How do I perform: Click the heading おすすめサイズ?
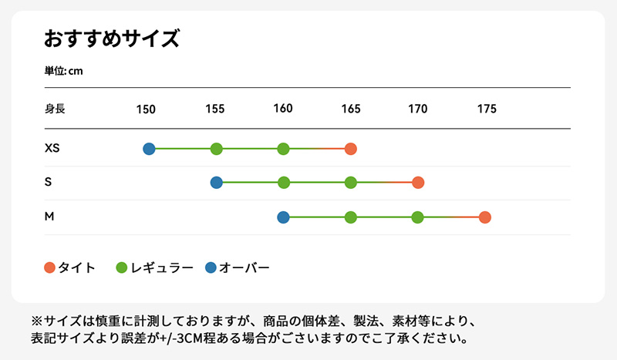click(112, 39)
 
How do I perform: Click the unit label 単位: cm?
click(64, 71)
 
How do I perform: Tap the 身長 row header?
click(55, 109)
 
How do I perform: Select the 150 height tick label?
click(147, 109)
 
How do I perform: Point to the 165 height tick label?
click(351, 109)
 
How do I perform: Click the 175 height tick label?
click(487, 109)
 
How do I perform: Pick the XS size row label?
click(52, 148)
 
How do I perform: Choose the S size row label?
click(49, 183)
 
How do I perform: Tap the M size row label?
click(49, 217)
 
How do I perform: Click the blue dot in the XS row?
click(149, 149)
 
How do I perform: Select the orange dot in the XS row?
click(351, 149)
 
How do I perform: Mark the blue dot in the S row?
click(217, 183)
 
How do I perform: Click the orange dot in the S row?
click(418, 183)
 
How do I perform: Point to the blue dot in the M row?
click(283, 217)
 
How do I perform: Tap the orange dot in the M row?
click(485, 217)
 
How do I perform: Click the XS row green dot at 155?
click(217, 149)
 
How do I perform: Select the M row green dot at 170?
click(418, 217)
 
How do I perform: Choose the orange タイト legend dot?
click(50, 267)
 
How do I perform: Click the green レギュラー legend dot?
click(122, 267)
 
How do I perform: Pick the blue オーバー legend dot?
click(211, 267)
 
